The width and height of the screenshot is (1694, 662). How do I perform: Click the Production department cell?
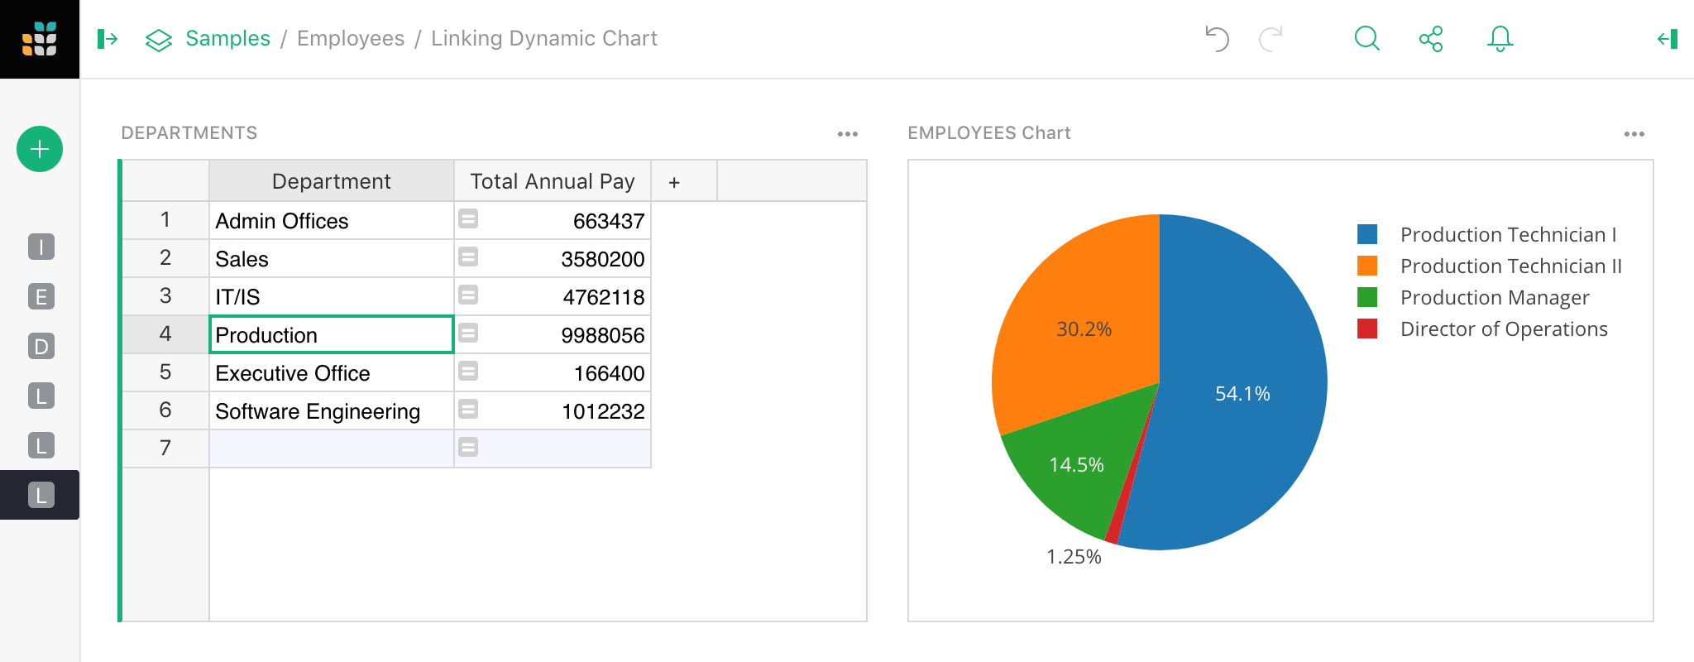331,335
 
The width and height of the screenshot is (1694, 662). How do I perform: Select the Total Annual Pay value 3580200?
602,259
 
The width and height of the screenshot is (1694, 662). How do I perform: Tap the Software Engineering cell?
318,411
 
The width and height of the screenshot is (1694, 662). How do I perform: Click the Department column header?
331,181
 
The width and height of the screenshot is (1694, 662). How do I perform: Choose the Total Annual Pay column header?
552,181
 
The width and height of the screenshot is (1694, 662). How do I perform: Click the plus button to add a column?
674,182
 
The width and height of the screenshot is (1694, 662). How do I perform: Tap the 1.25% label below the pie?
1074,557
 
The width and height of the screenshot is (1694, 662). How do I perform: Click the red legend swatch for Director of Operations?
1367,329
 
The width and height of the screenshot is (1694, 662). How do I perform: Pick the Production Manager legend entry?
1494,297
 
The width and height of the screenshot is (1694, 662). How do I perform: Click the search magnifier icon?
1366,38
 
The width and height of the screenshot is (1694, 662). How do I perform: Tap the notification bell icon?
1500,38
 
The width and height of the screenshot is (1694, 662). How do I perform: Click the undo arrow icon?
1217,38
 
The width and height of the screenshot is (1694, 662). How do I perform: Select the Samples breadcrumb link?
227,38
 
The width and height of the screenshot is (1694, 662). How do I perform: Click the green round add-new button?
40,149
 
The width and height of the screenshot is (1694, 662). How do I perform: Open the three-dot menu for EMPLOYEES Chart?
1634,133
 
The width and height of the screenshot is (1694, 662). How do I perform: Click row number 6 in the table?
165,410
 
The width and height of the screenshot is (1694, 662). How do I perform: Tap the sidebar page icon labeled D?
41,346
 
